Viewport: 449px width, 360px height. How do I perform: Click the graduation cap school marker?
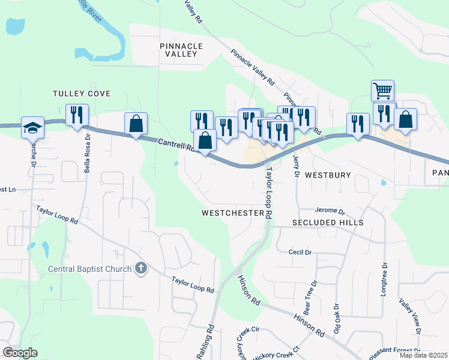pyautogui.click(x=32, y=127)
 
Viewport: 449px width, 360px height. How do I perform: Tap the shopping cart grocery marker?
pyautogui.click(x=382, y=91)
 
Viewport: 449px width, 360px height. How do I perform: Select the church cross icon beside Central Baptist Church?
pyautogui.click(x=140, y=268)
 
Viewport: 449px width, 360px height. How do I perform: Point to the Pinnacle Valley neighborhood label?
pyautogui.click(x=181, y=50)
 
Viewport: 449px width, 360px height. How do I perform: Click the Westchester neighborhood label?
pyautogui.click(x=233, y=213)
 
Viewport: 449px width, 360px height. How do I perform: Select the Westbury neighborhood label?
pyautogui.click(x=328, y=175)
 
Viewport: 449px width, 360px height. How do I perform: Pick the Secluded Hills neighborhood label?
pyautogui.click(x=328, y=223)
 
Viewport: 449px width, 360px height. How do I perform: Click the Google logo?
pyautogui.click(x=20, y=352)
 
